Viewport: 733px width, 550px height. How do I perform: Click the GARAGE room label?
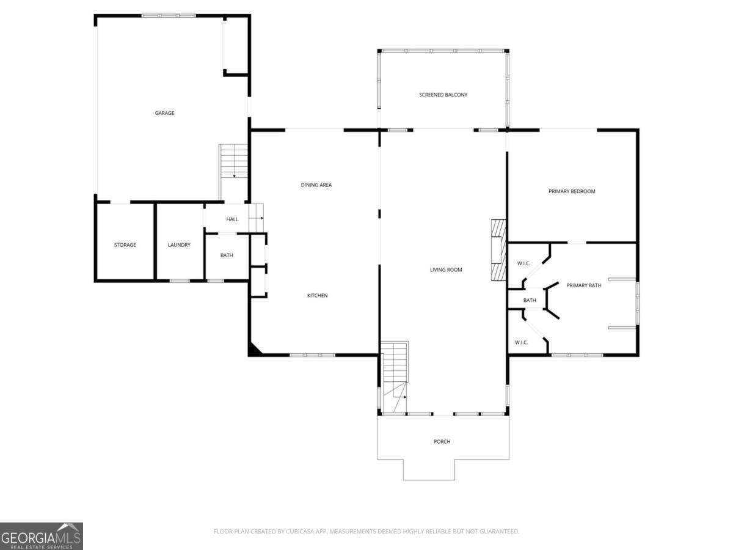[164, 113]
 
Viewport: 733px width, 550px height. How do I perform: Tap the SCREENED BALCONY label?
[443, 95]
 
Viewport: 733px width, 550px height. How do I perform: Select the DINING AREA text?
[316, 185]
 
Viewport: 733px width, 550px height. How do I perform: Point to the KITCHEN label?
[317, 296]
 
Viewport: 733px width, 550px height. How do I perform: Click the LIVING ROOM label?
[446, 269]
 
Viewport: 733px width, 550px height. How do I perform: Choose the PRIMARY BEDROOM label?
[572, 191]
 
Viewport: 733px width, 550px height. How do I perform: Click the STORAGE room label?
[125, 245]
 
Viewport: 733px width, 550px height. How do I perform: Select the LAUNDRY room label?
[179, 245]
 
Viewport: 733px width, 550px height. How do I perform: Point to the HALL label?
[232, 219]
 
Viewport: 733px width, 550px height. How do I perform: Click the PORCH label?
[442, 441]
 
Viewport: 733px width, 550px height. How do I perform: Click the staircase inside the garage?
[234, 162]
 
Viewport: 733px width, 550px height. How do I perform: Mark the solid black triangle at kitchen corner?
[253, 350]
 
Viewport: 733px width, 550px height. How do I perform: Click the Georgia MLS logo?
[41, 536]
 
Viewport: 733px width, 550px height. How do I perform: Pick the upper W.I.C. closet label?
[523, 263]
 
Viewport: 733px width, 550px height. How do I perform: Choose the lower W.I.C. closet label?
[521, 342]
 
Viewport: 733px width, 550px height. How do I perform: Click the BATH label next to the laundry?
[227, 255]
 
